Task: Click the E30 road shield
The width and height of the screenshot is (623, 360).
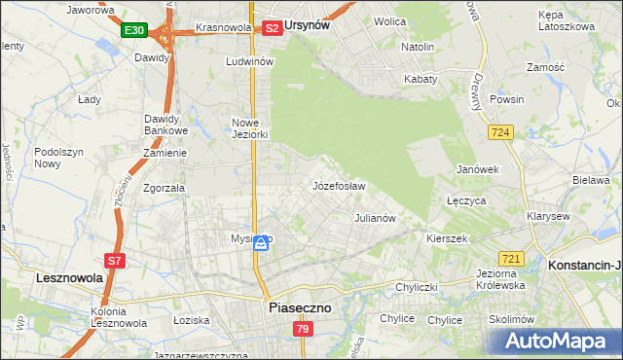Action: point(134,31)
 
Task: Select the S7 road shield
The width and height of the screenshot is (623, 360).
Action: point(114,260)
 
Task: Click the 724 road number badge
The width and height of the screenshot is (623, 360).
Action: point(502,131)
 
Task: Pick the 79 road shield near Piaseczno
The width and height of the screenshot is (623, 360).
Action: point(302,330)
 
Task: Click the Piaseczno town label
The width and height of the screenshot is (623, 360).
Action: point(299,307)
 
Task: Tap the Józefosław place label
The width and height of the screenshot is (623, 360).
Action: point(339,186)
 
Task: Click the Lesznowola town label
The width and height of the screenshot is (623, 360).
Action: point(49,277)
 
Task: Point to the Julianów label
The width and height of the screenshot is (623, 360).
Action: point(375,218)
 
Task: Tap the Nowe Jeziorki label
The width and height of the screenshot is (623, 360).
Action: point(249,128)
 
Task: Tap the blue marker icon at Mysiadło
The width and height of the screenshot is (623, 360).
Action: point(261,244)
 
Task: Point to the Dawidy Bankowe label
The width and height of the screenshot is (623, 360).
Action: point(165,125)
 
